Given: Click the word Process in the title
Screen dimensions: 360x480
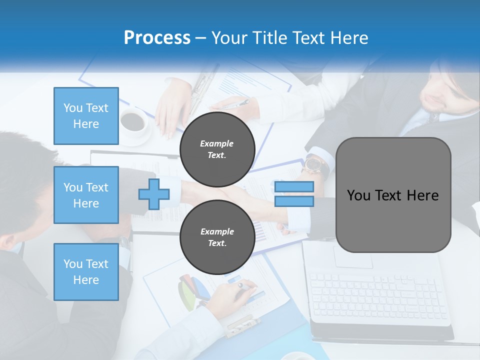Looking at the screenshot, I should pyautogui.click(x=157, y=38).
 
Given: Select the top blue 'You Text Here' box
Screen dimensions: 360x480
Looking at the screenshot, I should pyautogui.click(x=86, y=116).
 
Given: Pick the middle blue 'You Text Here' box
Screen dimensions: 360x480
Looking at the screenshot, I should pyautogui.click(x=86, y=195).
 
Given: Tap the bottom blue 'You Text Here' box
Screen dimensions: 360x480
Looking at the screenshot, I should pyautogui.click(x=86, y=272).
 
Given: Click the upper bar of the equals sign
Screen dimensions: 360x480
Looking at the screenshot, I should pyautogui.click(x=294, y=187).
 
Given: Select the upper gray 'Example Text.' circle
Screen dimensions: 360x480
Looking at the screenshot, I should pyautogui.click(x=217, y=149).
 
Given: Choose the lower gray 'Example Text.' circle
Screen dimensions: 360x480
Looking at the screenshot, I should pyautogui.click(x=217, y=237).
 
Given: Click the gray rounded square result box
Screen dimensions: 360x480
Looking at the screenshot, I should pyautogui.click(x=393, y=195).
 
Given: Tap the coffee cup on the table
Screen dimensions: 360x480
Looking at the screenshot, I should pyautogui.click(x=133, y=122).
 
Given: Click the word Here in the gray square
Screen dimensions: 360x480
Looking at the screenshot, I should pyautogui.click(x=422, y=195).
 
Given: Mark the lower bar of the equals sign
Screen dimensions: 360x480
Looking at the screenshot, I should pyautogui.click(x=294, y=201).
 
